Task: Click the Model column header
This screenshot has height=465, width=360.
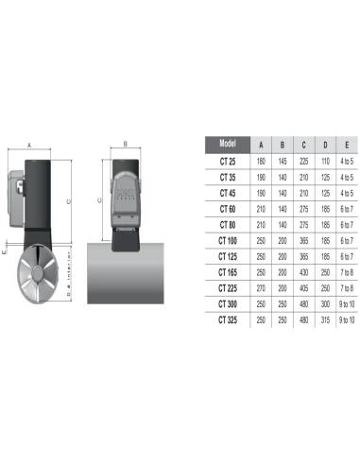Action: [226, 145]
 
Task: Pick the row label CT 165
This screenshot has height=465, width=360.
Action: [226, 270]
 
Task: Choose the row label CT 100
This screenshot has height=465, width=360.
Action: [226, 240]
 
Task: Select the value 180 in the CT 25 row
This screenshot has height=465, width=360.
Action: [261, 162]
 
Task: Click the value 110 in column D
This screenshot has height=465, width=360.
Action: [327, 162]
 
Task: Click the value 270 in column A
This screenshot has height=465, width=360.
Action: [261, 286]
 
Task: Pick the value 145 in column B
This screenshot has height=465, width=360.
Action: [283, 162]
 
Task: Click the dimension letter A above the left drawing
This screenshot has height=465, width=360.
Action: [30, 146]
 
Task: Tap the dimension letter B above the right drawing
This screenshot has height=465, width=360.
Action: [125, 144]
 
